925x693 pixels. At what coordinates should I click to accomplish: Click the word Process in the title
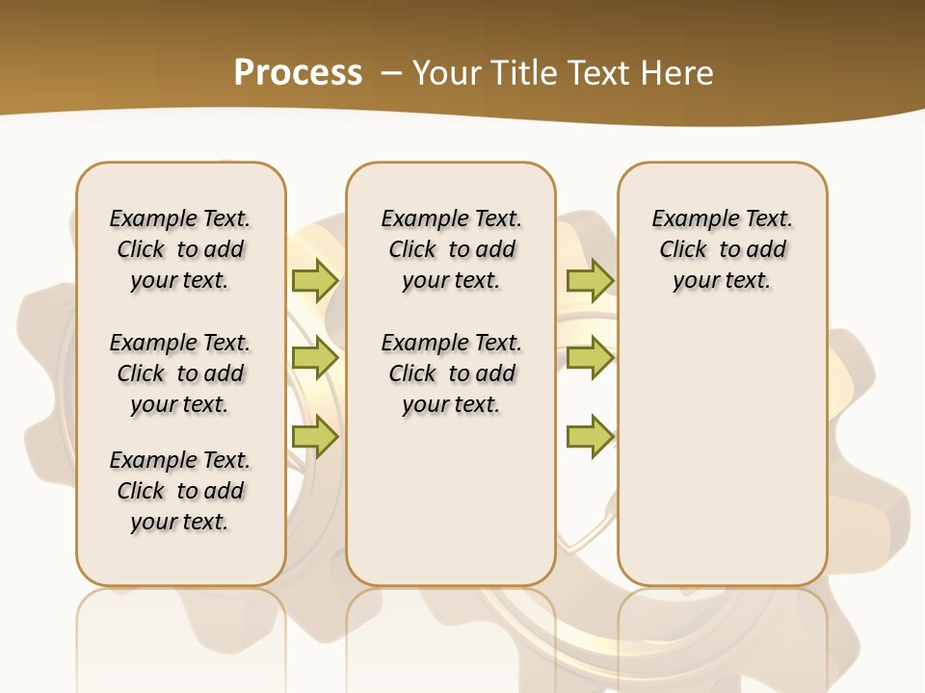[x=298, y=73]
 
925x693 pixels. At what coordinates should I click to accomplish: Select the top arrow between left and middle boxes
[x=315, y=280]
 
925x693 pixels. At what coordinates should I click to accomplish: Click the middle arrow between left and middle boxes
[x=315, y=358]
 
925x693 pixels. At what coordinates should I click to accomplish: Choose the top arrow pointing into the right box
[x=590, y=280]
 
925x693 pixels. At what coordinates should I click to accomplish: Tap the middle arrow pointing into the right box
[x=590, y=358]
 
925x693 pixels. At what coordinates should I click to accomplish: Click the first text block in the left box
[x=180, y=249]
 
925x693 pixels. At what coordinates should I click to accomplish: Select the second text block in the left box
[x=180, y=373]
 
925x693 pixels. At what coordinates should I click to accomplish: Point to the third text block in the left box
[x=180, y=491]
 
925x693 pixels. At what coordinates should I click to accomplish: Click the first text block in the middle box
[x=451, y=249]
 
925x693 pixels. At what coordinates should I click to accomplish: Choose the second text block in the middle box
[x=451, y=373]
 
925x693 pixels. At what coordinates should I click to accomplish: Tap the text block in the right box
[x=722, y=249]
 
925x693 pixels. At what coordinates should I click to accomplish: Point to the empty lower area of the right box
[x=722, y=452]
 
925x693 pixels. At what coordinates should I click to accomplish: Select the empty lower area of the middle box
[x=451, y=500]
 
